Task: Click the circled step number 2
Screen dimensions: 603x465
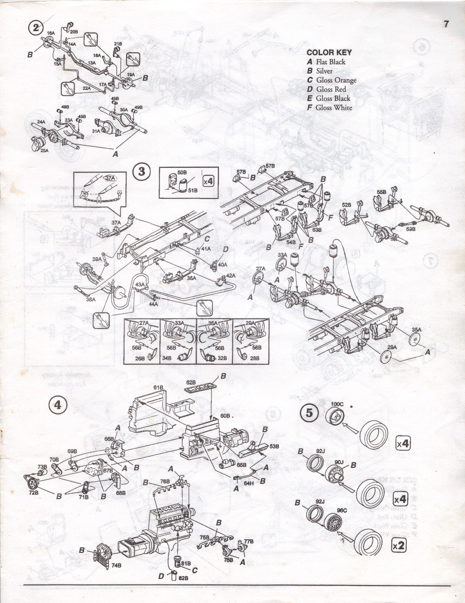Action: (x=36, y=28)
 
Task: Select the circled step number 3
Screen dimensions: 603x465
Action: (x=141, y=172)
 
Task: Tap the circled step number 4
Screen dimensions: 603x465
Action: (x=57, y=405)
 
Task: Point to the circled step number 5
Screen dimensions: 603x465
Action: (x=309, y=413)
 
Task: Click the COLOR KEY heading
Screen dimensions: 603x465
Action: (x=329, y=53)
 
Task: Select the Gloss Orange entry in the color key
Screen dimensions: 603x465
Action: (x=332, y=80)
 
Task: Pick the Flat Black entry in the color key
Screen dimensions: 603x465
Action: (x=326, y=62)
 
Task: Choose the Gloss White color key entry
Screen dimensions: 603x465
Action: (x=330, y=108)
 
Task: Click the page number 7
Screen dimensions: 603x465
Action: (x=446, y=24)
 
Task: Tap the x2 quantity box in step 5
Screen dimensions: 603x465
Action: (x=399, y=545)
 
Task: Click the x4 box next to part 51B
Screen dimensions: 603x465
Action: (x=208, y=181)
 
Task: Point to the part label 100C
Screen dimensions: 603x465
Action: (x=337, y=404)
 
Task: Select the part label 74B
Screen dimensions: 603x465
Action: (x=116, y=566)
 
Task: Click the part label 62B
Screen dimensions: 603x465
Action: (x=191, y=382)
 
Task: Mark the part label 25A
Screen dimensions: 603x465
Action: (x=44, y=151)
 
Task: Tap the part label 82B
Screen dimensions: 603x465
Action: (x=184, y=578)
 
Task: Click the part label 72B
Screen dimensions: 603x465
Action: (x=34, y=492)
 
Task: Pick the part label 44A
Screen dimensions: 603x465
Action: (x=153, y=304)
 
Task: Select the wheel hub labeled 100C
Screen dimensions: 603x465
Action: (x=334, y=417)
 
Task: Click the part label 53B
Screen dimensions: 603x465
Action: (x=274, y=447)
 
